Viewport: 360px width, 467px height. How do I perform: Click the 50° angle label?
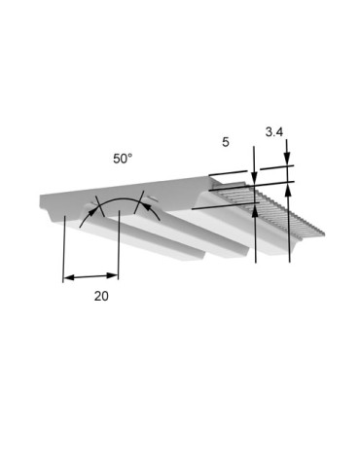pos(123,159)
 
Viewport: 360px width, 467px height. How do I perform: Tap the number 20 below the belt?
pos(101,296)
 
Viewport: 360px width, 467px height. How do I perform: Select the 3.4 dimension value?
pos(274,132)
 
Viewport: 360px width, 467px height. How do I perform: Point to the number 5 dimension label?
pos(226,142)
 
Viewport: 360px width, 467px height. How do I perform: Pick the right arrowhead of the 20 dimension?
pos(112,275)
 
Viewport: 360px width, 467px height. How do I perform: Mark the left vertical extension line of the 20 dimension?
pos(64,249)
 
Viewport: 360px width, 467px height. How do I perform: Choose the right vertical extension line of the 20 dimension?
pos(119,245)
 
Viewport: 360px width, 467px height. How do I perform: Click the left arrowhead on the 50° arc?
pos(92,211)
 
